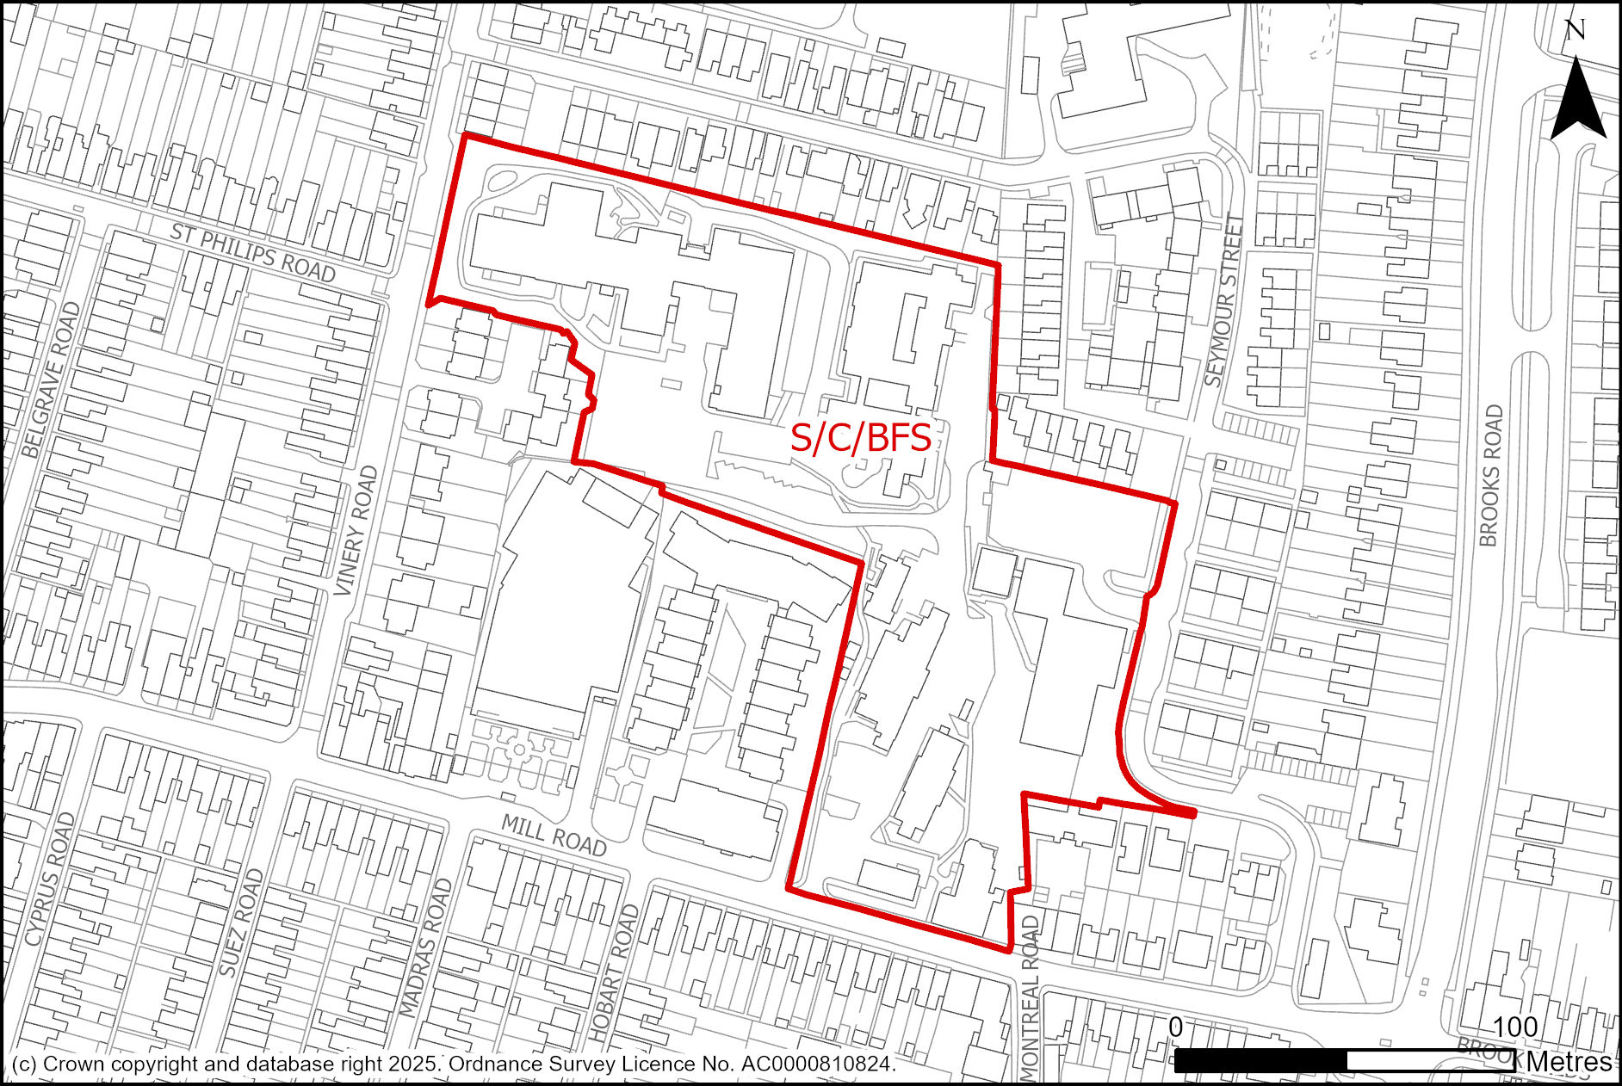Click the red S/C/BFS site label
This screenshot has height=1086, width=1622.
860,438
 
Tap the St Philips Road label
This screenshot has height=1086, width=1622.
252,253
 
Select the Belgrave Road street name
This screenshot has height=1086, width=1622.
51,379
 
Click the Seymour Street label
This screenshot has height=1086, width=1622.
1224,300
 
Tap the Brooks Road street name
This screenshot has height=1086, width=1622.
1490,476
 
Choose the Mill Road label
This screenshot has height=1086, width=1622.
554,836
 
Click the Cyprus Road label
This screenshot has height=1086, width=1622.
46,879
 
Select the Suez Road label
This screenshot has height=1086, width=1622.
240,922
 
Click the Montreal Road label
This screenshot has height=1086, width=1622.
1030,998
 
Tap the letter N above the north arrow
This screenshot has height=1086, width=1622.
1575,32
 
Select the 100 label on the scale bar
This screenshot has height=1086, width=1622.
1514,1027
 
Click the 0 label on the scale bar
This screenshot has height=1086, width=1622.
1176,1027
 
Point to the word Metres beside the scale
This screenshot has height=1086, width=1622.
1569,1062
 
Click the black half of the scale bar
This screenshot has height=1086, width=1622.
1260,1061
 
